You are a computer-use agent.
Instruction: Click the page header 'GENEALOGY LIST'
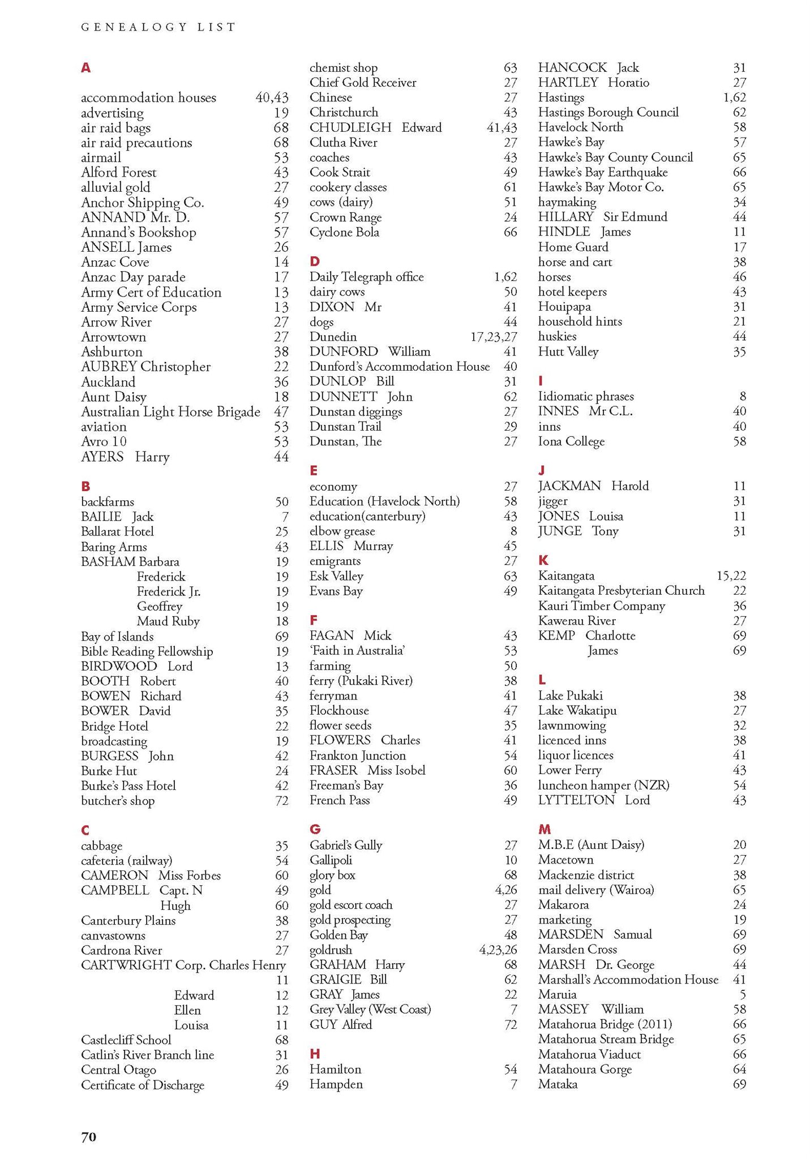158,27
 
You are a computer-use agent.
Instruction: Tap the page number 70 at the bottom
89,1136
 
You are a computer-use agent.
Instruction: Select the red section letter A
85,68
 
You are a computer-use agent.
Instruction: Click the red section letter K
543,560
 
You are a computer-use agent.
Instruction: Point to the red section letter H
315,1053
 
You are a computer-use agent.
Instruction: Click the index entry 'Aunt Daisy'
114,397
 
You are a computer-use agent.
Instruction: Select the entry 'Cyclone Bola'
344,232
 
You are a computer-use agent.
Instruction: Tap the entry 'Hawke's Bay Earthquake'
603,172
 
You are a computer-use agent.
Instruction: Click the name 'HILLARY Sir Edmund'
602,217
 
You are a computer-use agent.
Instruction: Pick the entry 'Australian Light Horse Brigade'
170,412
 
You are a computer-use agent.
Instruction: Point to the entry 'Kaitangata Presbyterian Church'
621,591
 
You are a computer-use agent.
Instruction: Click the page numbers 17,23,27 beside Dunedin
494,337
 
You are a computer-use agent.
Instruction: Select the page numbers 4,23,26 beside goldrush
498,950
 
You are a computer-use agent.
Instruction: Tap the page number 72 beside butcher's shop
281,801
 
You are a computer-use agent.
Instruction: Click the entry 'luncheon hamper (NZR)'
603,785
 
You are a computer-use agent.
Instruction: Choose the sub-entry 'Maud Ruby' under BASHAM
168,621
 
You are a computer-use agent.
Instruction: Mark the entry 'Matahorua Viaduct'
589,1054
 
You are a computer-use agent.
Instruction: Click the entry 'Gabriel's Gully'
346,845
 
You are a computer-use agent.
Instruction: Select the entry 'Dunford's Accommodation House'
399,367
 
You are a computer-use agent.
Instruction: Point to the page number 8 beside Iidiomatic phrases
743,396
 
